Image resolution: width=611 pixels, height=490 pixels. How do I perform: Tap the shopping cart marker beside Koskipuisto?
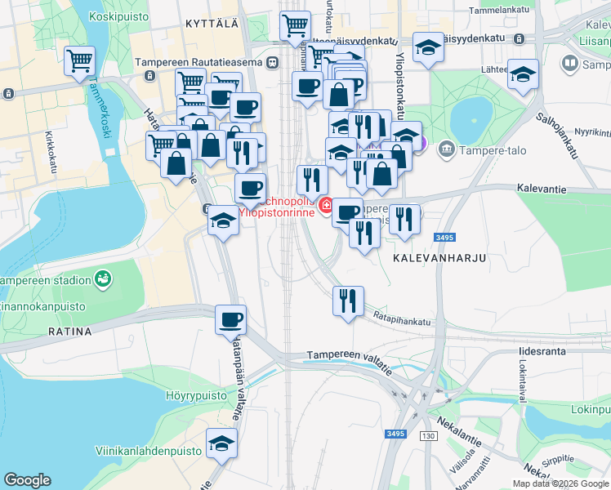(80, 60)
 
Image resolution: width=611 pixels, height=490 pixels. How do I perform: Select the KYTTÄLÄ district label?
(212, 24)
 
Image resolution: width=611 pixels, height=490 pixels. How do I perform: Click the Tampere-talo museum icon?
(447, 149)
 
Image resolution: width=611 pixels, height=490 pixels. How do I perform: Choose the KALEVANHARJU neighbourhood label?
(439, 257)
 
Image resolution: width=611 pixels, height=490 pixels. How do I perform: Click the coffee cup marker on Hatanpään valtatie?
(230, 319)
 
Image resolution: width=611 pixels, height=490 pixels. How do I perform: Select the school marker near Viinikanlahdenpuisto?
(221, 443)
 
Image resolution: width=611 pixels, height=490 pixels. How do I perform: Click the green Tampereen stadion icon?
(102, 280)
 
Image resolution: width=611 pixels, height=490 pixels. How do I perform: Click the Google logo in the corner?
(27, 480)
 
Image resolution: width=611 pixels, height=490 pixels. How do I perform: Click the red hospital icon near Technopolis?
(327, 205)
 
